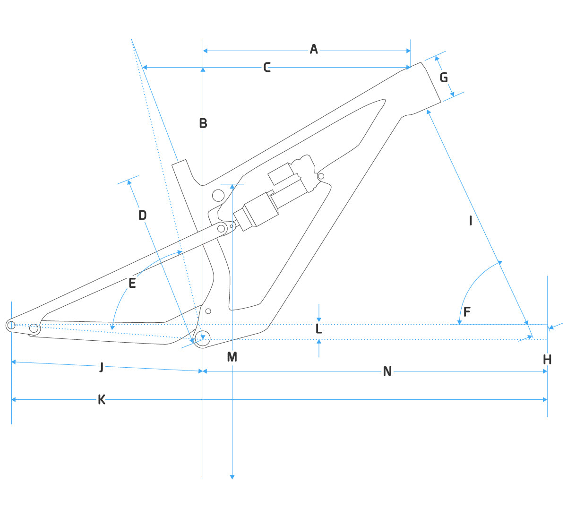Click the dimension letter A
(x=314, y=49)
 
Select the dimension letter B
(x=203, y=123)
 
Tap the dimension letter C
(x=267, y=68)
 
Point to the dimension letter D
(x=142, y=216)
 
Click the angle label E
(x=132, y=283)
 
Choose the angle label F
(x=467, y=312)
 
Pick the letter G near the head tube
(x=444, y=78)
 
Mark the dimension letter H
(x=547, y=360)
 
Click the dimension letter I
(x=471, y=221)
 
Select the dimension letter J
(x=102, y=367)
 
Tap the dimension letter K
(x=102, y=400)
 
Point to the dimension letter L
(x=319, y=329)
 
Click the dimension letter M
(x=232, y=357)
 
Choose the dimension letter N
(x=387, y=372)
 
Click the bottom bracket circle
(x=202, y=339)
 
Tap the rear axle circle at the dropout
(x=11, y=325)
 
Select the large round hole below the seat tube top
(x=218, y=195)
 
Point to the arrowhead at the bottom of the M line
(x=232, y=476)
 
